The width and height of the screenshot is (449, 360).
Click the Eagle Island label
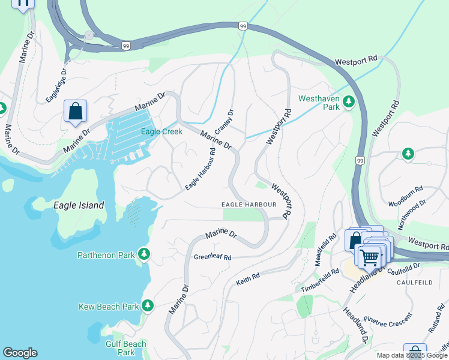tap(78, 205)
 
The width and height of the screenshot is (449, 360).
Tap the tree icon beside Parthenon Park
tap(144, 254)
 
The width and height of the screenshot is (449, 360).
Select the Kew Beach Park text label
tap(109, 307)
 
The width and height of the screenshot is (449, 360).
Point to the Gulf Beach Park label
tap(126, 348)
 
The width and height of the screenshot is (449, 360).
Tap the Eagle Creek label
tap(161, 132)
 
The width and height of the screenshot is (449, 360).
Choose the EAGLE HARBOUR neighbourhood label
tap(249, 205)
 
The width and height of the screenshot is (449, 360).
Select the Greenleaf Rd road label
tap(212, 257)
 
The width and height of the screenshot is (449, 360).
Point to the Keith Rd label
tap(247, 277)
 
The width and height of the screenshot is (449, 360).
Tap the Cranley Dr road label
tap(224, 122)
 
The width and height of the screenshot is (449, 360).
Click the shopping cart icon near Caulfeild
tap(370, 256)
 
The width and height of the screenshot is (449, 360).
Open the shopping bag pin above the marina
tap(75, 112)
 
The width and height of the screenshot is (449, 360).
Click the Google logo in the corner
tap(20, 353)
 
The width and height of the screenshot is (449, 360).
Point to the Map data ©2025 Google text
tap(412, 355)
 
